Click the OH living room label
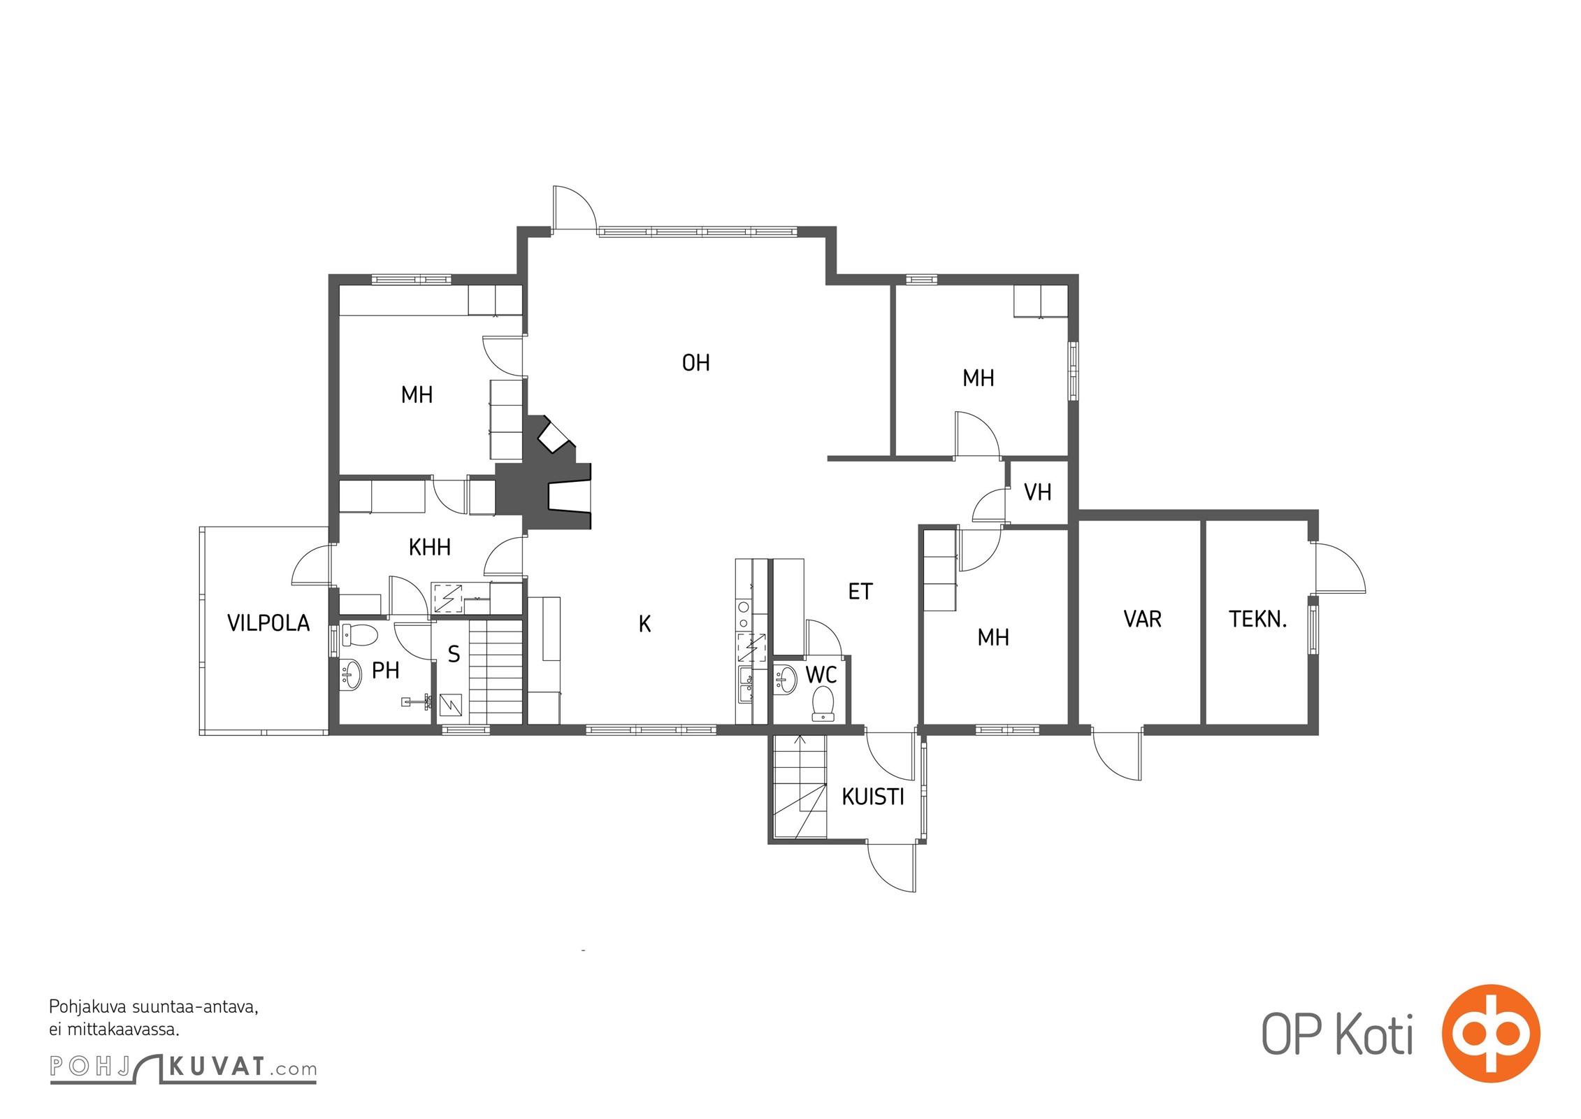pyautogui.click(x=695, y=362)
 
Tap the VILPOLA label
pyautogui.click(x=268, y=622)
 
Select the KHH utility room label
pyautogui.click(x=429, y=547)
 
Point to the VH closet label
pyautogui.click(x=1037, y=492)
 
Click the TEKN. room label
pyautogui.click(x=1257, y=619)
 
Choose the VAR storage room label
pyautogui.click(x=1142, y=619)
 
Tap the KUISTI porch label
pyautogui.click(x=873, y=797)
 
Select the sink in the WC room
pyautogui.click(x=786, y=679)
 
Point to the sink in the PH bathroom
pyautogui.click(x=351, y=675)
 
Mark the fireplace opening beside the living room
pyautogui.click(x=570, y=497)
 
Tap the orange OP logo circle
pyautogui.click(x=1492, y=1033)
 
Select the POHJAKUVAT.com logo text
pyautogui.click(x=183, y=1067)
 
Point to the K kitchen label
pyautogui.click(x=644, y=624)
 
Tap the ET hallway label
pyautogui.click(x=860, y=592)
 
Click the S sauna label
pyautogui.click(x=454, y=654)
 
